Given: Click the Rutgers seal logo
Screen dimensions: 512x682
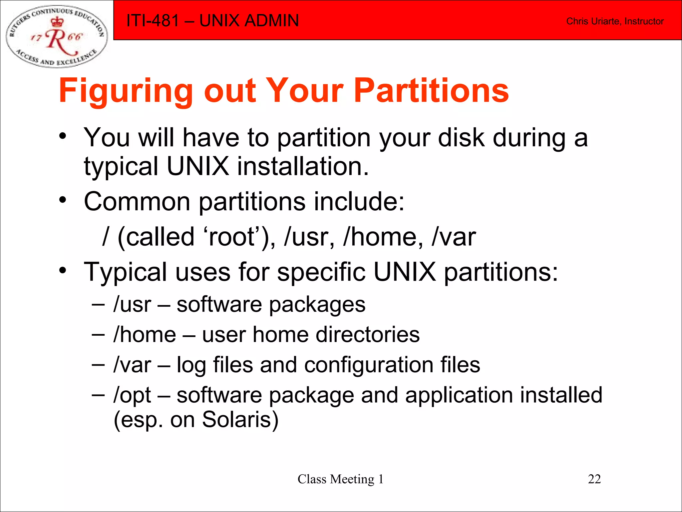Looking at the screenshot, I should [x=57, y=36].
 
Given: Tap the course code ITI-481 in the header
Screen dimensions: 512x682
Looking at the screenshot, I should [x=153, y=21].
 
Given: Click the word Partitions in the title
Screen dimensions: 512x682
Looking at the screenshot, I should [x=431, y=91].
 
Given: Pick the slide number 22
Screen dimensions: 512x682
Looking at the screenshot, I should [x=594, y=479].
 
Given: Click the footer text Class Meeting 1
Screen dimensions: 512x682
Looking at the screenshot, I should [x=340, y=479].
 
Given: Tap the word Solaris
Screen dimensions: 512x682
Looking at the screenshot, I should [x=240, y=419].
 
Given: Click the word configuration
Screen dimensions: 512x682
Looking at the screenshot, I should [x=368, y=365].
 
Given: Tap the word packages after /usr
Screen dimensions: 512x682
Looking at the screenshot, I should [x=317, y=305].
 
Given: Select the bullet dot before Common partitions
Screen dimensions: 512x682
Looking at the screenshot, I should [x=63, y=200].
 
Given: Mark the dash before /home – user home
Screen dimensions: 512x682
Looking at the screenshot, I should [x=98, y=334].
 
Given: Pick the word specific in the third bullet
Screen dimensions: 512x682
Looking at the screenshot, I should [x=321, y=272].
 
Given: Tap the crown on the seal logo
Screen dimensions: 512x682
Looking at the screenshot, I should [x=57, y=22].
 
